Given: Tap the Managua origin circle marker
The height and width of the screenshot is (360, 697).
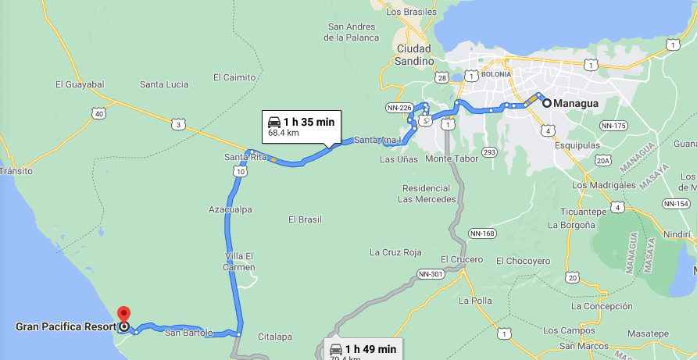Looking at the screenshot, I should (547, 102).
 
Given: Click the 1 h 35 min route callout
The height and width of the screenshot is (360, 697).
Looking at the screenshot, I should (301, 127).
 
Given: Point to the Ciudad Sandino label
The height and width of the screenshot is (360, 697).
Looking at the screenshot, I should (415, 55).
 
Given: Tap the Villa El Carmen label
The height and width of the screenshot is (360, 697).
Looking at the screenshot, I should (240, 262).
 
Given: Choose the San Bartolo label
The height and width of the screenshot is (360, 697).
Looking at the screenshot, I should (188, 333).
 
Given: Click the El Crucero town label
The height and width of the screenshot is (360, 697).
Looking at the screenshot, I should (461, 259).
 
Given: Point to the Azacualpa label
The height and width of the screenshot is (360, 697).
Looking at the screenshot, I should (231, 209).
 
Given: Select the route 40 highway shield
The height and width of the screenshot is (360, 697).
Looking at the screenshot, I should (98, 114).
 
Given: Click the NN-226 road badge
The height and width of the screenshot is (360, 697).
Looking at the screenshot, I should (399, 107).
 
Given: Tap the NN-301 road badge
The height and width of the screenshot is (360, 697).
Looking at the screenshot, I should (431, 274).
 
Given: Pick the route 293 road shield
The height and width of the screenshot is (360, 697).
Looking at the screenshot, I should (490, 151).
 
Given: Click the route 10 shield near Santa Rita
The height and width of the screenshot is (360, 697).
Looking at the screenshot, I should (240, 170).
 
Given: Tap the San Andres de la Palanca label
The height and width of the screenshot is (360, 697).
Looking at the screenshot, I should (353, 32).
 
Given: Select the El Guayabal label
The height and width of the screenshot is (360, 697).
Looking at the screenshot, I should (80, 84).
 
